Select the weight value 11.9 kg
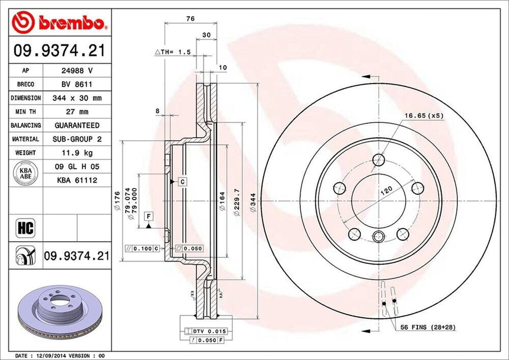click(77, 152)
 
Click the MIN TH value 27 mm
click(77, 112)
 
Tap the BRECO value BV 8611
click(77, 85)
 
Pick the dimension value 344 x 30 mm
click(77, 98)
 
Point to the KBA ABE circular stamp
click(25, 173)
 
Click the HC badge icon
click(25, 228)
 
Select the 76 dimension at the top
click(190, 18)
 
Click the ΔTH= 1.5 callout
click(173, 52)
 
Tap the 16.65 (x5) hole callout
click(423, 115)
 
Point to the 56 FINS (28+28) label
click(428, 327)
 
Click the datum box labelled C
click(182, 181)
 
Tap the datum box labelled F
click(148, 216)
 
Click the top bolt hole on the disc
click(378, 160)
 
